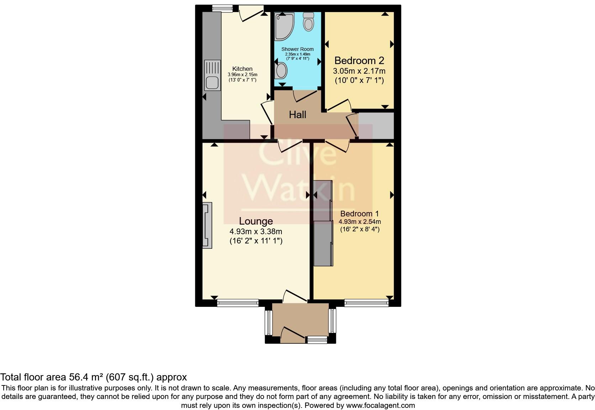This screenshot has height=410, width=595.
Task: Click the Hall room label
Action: [x=297, y=115]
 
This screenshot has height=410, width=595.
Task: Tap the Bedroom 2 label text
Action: [x=359, y=61]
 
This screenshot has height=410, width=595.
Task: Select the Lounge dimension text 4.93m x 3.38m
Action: [x=256, y=231]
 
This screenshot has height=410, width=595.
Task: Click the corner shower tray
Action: [x=284, y=26]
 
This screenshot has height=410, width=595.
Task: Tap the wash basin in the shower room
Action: [x=281, y=70]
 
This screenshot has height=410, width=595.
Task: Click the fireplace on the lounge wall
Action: [x=207, y=225]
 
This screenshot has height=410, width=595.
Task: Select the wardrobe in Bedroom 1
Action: [x=323, y=224]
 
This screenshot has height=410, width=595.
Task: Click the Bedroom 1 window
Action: [x=366, y=303]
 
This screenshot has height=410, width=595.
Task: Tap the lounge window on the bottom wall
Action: [x=238, y=303]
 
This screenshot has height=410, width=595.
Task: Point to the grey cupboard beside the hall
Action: [x=376, y=125]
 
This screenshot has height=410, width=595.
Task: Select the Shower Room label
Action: [x=297, y=49]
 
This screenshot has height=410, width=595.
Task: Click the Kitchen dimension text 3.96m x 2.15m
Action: [x=242, y=75]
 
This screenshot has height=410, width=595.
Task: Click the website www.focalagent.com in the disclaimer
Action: [x=380, y=405]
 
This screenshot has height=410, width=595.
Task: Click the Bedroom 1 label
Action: [x=359, y=214]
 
